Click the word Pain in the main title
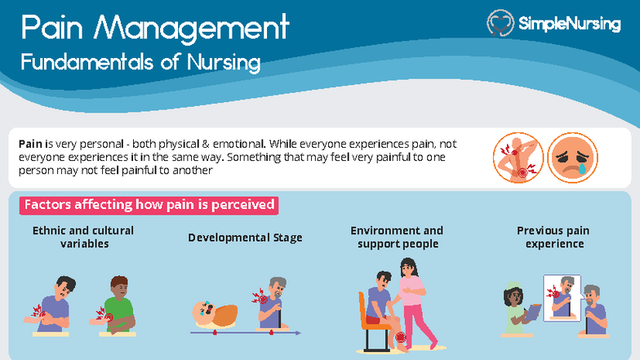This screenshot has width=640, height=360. pos(51,29)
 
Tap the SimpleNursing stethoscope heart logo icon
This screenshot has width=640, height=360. pos(500,24)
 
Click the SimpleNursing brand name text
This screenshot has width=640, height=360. pos(569,24)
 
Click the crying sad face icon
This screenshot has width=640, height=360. pos(572,158)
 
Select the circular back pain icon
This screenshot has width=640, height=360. pos(518,158)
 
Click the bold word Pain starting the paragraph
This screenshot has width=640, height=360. pos(31,143)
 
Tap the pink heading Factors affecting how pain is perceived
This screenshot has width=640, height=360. pos(149,205)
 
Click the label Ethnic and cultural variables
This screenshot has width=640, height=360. pos(83,237)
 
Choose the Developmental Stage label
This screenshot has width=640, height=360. pos(245,238)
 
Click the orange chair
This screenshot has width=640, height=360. pos(366,314)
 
